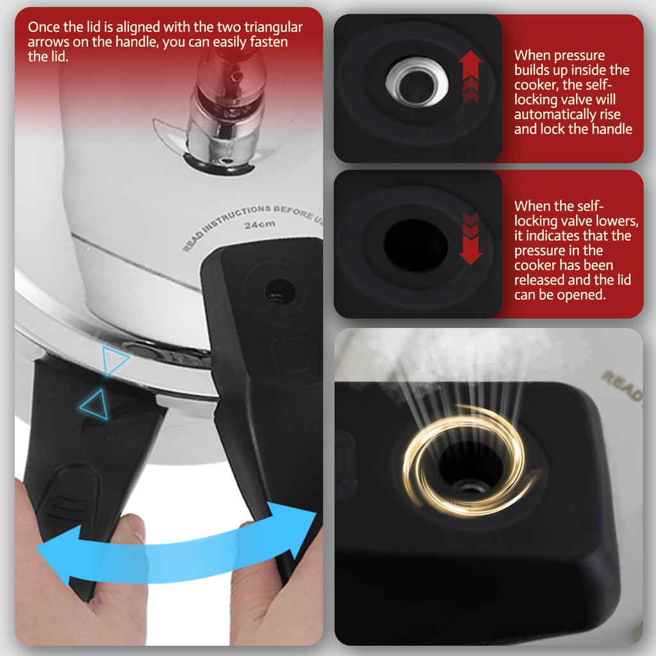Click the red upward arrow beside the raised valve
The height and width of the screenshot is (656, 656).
[x=470, y=77]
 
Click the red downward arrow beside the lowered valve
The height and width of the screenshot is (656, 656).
[x=470, y=238]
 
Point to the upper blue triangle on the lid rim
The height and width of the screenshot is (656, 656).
[x=113, y=361]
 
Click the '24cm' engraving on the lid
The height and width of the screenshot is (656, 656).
[x=260, y=225]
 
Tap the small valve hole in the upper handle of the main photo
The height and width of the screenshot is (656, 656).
[x=281, y=291]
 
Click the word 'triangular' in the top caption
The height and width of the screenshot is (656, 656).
[x=273, y=27]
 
